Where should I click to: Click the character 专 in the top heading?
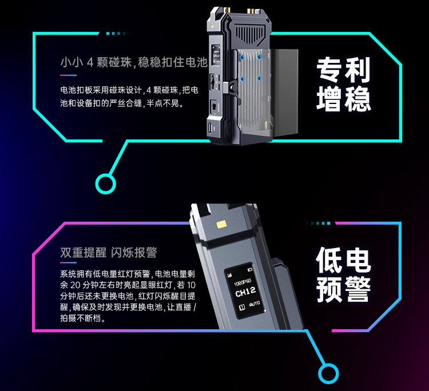[329, 70]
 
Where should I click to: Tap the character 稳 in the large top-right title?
[357, 99]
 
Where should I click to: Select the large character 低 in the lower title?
[329, 260]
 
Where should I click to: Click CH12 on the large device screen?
[245, 292]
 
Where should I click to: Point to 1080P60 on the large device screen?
[243, 282]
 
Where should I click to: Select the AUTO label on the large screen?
[255, 304]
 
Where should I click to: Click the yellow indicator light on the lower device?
[221, 225]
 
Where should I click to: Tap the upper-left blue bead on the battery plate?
[242, 57]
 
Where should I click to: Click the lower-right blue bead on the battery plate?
[260, 79]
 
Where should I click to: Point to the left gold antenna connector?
[227, 10]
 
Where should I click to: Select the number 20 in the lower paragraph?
[76, 285]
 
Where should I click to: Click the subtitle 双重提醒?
[83, 252]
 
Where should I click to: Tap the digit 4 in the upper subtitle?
[90, 63]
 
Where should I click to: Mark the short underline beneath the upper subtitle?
[69, 75]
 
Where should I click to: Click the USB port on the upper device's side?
[210, 127]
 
